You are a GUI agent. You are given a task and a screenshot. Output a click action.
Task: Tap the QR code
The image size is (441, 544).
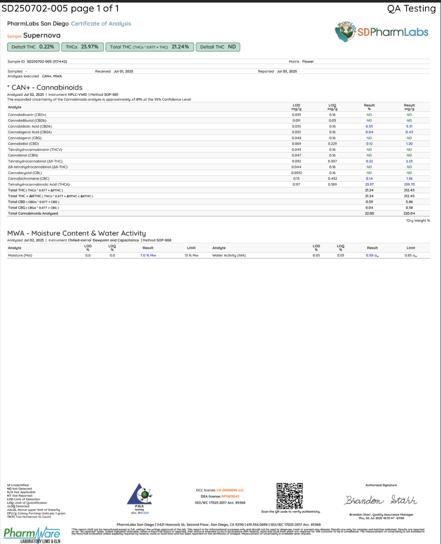pos(290,496)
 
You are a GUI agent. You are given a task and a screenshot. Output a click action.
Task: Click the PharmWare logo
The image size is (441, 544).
pos(32,535)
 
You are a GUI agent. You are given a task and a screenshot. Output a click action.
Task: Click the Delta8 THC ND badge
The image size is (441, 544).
pos(218,47)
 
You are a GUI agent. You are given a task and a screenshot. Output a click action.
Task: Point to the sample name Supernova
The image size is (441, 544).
pos(42,36)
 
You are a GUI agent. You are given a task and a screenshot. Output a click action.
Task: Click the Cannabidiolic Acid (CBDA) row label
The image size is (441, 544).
pos(30,126)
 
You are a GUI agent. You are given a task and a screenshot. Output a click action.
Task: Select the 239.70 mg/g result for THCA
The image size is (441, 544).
pos(409,185)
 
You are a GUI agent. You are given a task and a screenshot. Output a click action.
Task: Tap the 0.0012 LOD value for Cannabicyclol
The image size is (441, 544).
pos(296,173)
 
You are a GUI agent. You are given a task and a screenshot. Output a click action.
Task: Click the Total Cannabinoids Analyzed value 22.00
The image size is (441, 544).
pos(369,214)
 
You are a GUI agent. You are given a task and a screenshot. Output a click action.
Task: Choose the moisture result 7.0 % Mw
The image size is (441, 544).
pos(148,256)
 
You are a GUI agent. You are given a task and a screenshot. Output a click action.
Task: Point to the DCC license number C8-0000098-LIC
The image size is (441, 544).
pos(230,490)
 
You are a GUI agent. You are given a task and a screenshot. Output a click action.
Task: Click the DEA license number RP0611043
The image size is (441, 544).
pos(230,496)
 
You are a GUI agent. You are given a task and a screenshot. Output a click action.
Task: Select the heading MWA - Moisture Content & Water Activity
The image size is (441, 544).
pos(77,233)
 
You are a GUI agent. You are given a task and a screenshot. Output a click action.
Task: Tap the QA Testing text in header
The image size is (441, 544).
pos(411,8)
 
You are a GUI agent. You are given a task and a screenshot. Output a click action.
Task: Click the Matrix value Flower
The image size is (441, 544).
pos(308,62)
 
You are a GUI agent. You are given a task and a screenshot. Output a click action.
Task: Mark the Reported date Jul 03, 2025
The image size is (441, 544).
pos(287,71)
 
